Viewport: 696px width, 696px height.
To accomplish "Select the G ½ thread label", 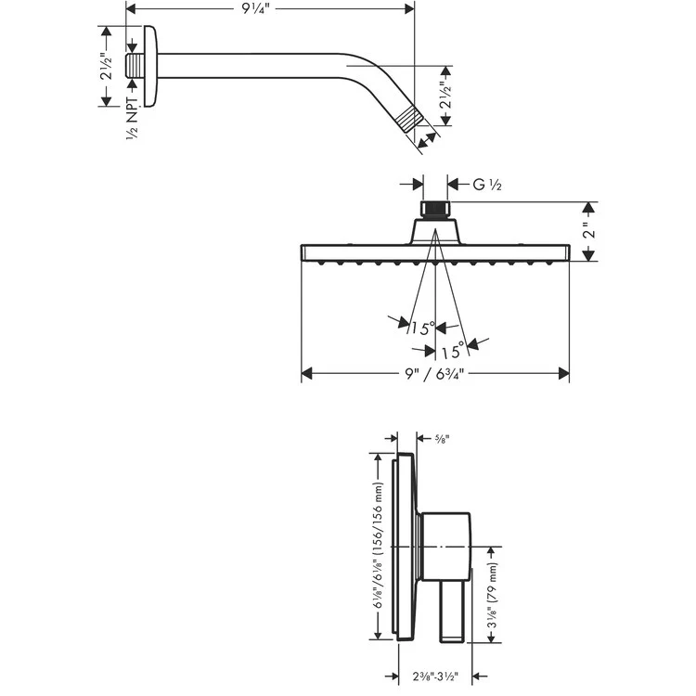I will click(486, 186).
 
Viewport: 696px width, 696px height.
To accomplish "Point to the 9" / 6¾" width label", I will click(434, 373).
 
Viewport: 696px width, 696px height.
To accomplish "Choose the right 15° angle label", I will click(453, 351).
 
